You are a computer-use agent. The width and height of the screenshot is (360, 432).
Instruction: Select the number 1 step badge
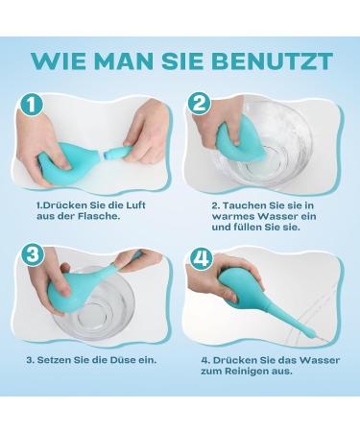click(x=32, y=105)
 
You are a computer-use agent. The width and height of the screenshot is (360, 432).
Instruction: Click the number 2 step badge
click(x=199, y=104)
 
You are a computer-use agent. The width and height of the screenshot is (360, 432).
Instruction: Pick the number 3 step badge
click(x=34, y=255)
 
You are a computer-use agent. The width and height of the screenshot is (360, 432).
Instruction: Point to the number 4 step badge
click(x=201, y=258)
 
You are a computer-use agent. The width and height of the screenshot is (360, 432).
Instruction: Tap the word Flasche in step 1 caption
click(x=99, y=216)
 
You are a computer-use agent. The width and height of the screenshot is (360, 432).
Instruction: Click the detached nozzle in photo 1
click(x=116, y=152)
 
